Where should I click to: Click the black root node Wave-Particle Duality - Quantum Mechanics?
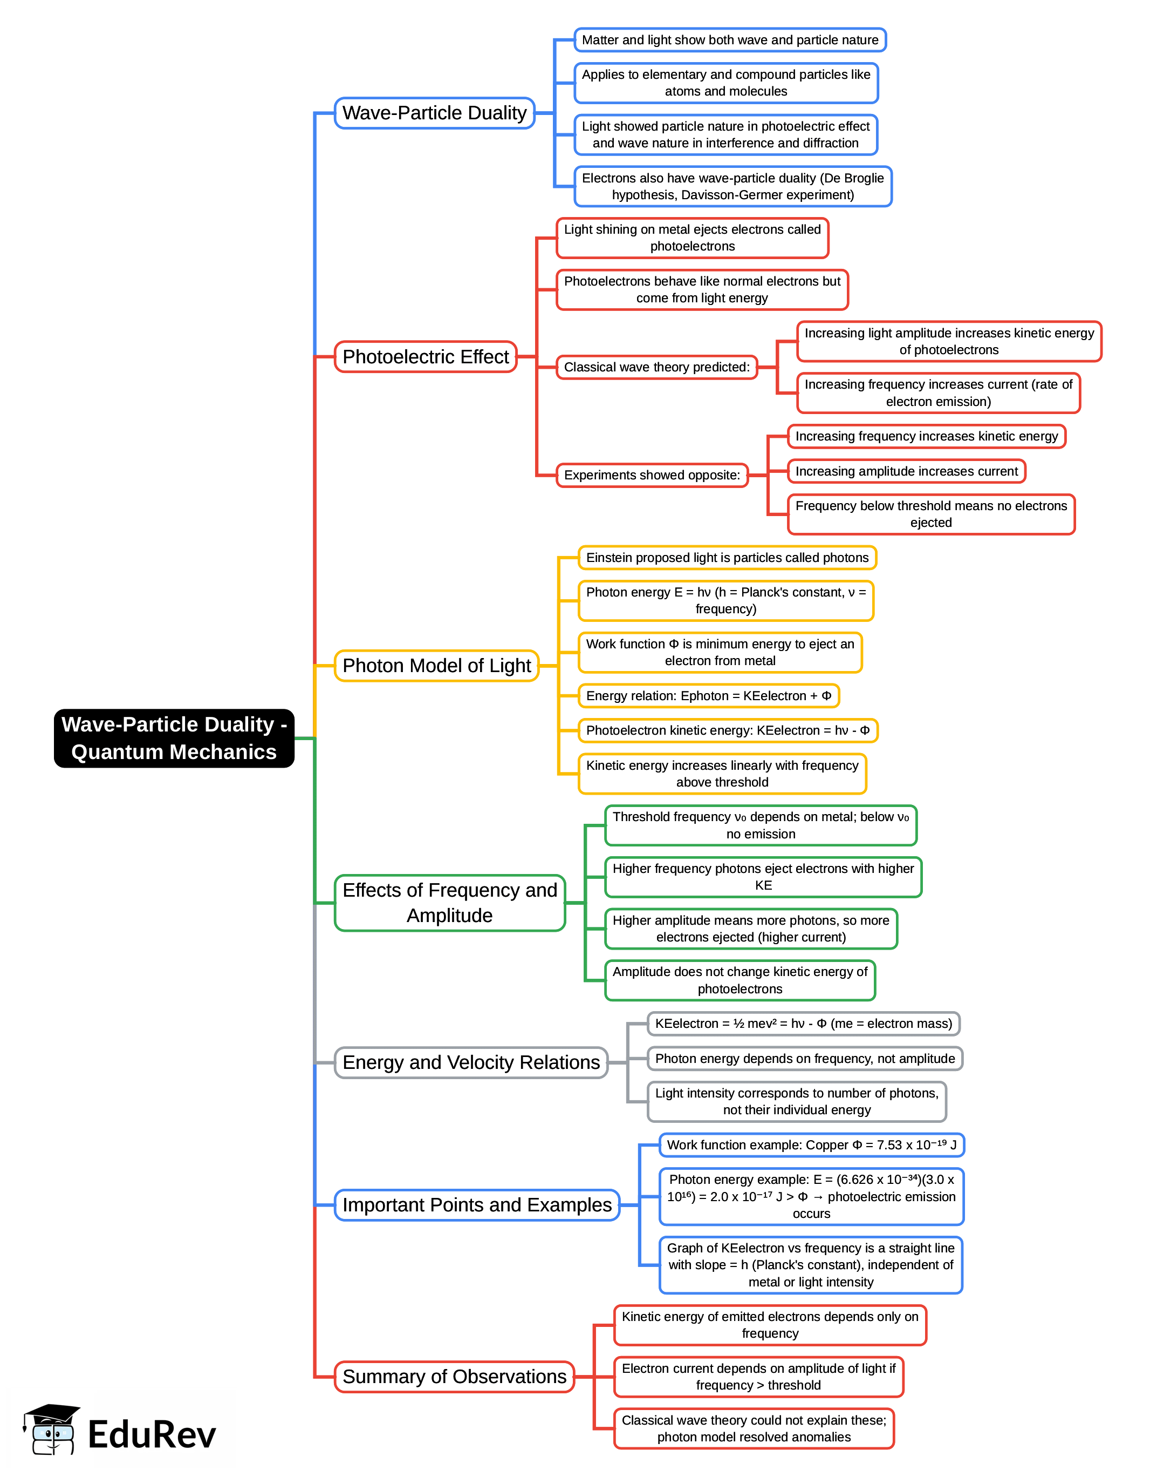174,737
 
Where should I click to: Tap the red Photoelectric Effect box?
426,356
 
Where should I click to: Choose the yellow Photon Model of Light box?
436,666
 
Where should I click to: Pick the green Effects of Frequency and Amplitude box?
450,902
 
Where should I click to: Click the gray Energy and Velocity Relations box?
471,1062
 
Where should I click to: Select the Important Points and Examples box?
477,1204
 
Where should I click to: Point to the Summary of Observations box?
454,1376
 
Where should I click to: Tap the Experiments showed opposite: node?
652,475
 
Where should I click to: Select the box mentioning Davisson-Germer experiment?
732,186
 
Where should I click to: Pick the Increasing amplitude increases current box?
906,471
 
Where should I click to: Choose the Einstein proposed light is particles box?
727,557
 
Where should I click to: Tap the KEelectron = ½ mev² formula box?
803,1024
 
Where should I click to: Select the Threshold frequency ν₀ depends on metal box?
760,825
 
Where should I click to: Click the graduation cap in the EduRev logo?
51,1414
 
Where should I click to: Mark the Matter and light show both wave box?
730,40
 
